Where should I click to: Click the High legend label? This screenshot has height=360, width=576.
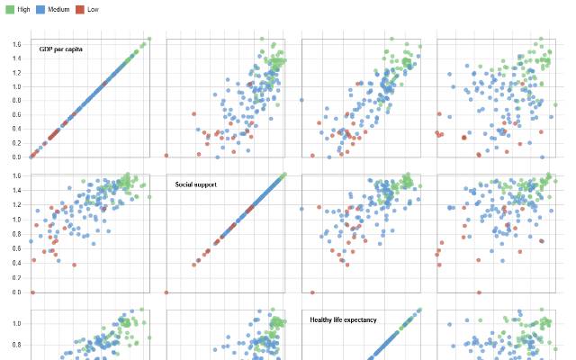pyautogui.click(x=24, y=8)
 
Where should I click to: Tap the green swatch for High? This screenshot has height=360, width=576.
pyautogui.click(x=10, y=8)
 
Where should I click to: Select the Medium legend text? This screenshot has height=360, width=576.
pyautogui.click(x=71, y=8)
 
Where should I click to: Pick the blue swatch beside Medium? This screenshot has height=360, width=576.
pyautogui.click(x=52, y=8)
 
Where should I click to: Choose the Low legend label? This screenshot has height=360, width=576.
pyautogui.click(x=118, y=8)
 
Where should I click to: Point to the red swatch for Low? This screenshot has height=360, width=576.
pyautogui.click(x=104, y=8)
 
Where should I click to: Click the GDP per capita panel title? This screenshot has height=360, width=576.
pyautogui.click(x=61, y=49)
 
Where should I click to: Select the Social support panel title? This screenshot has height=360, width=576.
pyautogui.click(x=195, y=184)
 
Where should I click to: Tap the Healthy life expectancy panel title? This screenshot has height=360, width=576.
pyautogui.click(x=343, y=319)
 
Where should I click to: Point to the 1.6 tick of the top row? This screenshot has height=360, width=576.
pyautogui.click(x=14, y=44)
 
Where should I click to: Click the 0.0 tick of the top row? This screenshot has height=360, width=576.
pyautogui.click(x=14, y=157)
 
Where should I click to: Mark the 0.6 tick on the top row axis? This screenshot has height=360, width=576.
pyautogui.click(x=14, y=114)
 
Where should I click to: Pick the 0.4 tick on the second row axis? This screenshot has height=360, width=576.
pyautogui.click(x=14, y=263)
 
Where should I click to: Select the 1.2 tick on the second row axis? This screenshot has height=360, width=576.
pyautogui.click(x=14, y=204)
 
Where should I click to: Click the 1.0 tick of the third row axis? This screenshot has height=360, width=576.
pyautogui.click(x=14, y=323)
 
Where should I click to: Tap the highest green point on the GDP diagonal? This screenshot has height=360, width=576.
pyautogui.click(x=148, y=40)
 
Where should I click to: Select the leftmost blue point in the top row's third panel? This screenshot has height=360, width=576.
pyautogui.click(x=302, y=100)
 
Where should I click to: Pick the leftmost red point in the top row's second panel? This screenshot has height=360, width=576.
pyautogui.click(x=167, y=156)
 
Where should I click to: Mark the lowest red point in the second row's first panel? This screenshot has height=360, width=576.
pyautogui.click(x=32, y=292)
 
